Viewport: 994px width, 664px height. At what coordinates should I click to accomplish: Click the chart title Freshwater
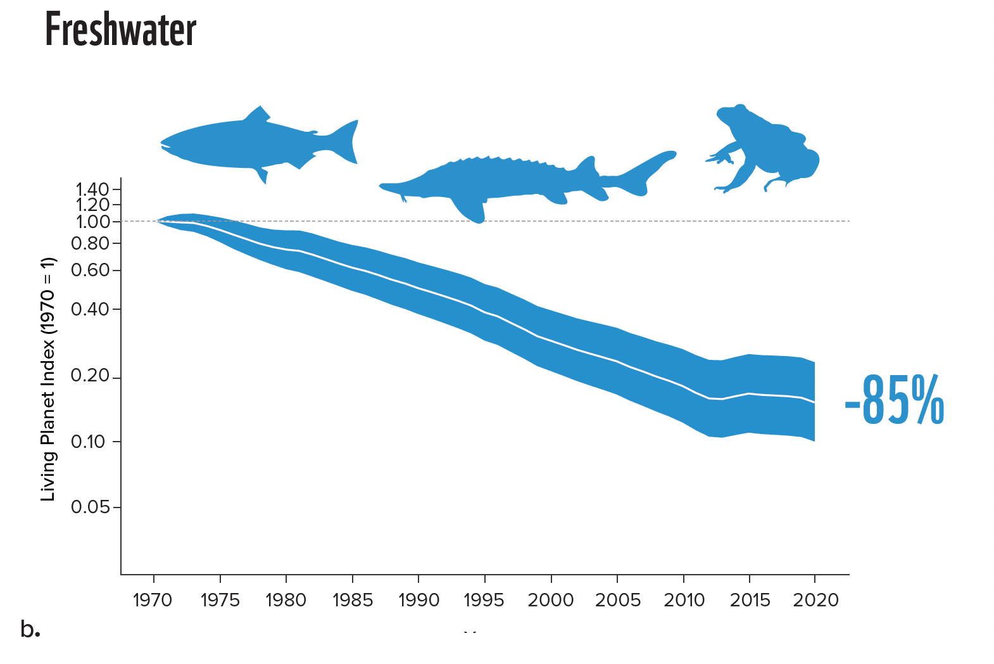pos(120,30)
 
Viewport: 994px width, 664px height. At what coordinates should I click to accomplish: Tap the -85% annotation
pos(894,401)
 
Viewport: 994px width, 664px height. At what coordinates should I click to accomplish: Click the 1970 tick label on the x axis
pos(153,600)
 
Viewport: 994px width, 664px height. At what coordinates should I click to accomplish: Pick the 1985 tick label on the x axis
pos(353,600)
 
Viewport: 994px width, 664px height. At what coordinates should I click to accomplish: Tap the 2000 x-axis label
pos(551,600)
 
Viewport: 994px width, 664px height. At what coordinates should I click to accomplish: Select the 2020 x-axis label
pos(815,600)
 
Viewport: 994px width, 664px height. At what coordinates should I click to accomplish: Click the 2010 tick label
pos(684,600)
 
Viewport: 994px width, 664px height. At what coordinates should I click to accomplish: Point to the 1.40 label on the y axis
pos(92,189)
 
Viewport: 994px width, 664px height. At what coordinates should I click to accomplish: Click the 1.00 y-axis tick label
pos(92,222)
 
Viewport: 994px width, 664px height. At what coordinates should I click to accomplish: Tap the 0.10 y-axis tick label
pos(88,442)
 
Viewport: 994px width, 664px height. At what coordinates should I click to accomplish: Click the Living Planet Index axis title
pos(48,379)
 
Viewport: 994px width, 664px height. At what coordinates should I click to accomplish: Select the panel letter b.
pos(30,629)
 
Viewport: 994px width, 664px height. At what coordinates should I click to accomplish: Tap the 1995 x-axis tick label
pos(484,600)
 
